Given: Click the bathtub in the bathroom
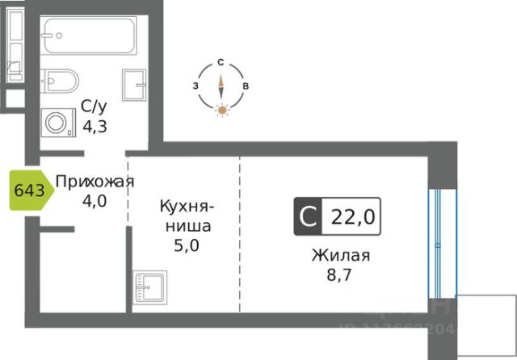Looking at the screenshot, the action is (89, 36).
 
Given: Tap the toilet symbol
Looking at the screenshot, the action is (62, 81).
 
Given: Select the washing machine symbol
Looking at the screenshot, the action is (57, 123).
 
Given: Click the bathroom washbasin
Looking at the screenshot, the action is (134, 84).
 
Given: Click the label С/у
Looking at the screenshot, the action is (91, 106).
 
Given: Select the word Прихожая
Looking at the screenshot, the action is (94, 181).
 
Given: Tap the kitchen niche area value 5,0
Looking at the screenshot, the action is (186, 243).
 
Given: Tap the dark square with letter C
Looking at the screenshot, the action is (307, 216).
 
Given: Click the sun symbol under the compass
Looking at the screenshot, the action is (221, 110).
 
